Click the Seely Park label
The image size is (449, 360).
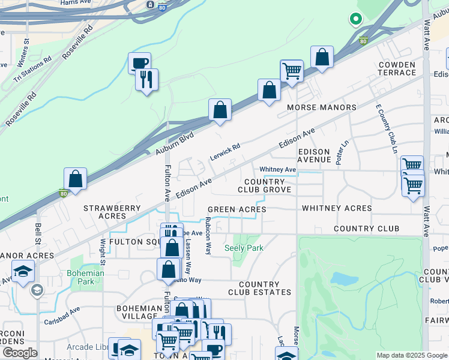click(x=244, y=247)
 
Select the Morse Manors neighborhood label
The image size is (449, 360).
click(x=322, y=107)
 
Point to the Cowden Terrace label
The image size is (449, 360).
click(x=397, y=68)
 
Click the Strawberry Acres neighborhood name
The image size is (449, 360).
click(x=112, y=212)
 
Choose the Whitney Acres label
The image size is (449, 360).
click(x=337, y=208)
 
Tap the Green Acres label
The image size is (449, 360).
click(x=237, y=209)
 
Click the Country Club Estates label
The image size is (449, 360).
click(x=259, y=289)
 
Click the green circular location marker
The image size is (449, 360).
click(x=355, y=19)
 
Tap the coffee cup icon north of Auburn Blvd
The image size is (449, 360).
click(x=139, y=62)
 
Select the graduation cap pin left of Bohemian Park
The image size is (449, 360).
click(x=23, y=271)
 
